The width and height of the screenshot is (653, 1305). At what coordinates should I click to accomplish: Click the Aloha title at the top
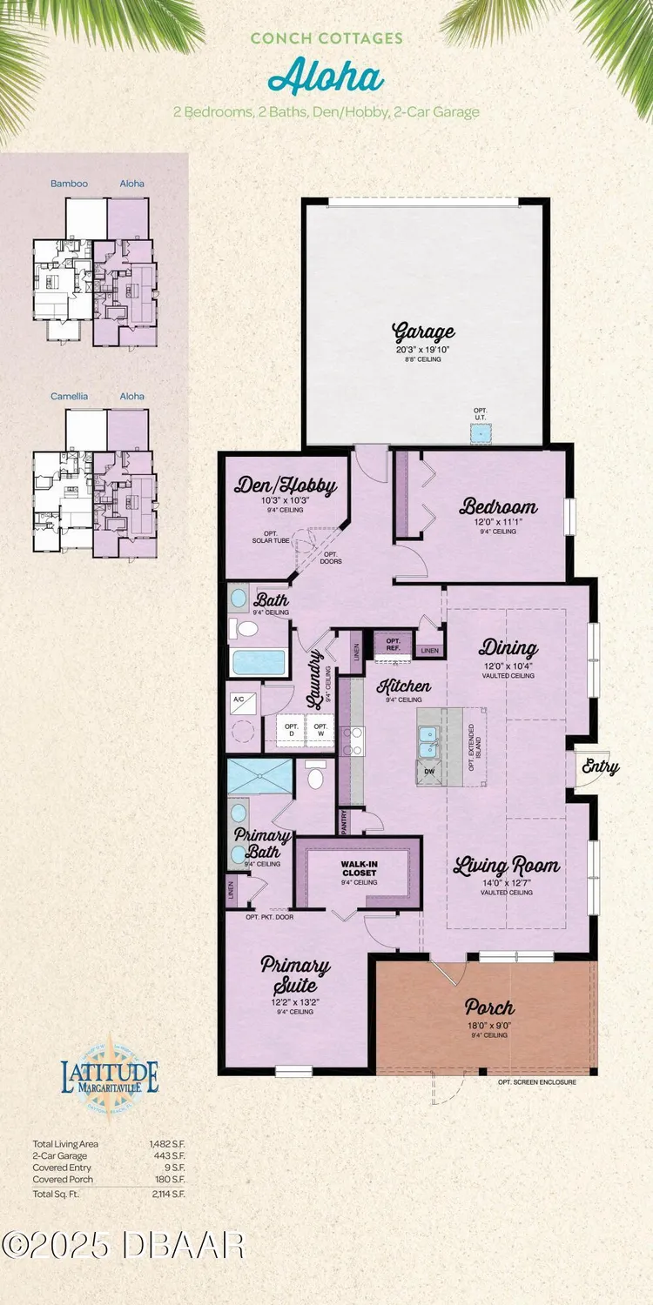point(326,78)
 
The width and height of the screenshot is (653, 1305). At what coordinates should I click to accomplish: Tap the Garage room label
point(424,331)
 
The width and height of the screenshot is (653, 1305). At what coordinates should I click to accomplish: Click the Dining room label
point(508,648)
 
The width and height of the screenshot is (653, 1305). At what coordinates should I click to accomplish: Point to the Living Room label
point(508,866)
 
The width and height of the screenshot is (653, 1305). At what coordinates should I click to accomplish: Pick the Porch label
point(488,1008)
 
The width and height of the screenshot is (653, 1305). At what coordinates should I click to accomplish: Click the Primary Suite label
point(296,975)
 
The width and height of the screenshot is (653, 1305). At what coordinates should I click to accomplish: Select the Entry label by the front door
point(602,766)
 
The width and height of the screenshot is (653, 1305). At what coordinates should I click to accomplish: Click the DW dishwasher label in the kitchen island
point(427,772)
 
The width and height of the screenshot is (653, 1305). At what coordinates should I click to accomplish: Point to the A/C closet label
point(238,699)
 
